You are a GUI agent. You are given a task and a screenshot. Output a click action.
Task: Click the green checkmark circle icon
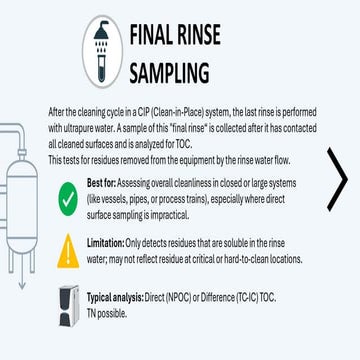[66, 172]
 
